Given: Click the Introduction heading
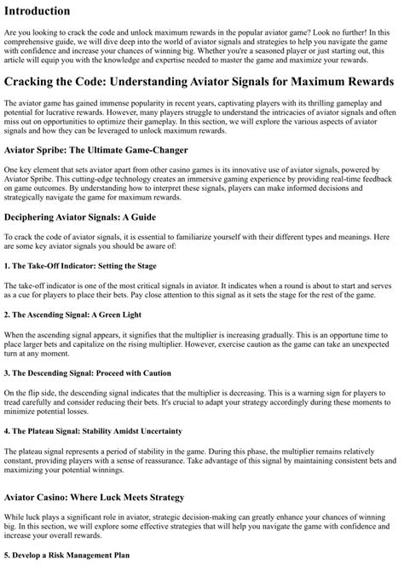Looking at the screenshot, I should [49, 11].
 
